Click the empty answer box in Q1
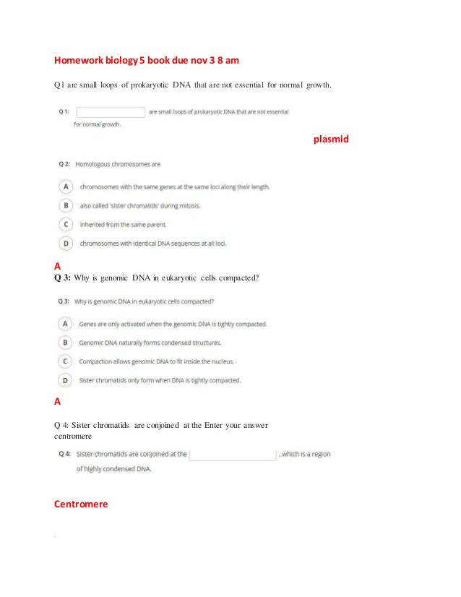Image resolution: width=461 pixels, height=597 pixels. click(111, 112)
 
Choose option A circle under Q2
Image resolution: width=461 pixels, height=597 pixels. click(66, 186)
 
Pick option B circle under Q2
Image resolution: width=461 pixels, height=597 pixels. click(66, 205)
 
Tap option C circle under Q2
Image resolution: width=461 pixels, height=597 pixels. click(66, 224)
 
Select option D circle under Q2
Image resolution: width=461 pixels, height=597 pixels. click(66, 243)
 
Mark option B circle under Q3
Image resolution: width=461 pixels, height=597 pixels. click(66, 342)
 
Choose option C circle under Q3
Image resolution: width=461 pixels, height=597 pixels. click(66, 361)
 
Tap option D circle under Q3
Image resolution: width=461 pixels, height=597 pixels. click(66, 379)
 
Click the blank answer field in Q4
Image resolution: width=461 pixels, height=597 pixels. click(233, 455)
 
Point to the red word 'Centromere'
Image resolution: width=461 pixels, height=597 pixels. click(81, 504)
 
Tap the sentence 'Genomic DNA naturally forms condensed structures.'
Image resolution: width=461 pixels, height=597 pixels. click(150, 343)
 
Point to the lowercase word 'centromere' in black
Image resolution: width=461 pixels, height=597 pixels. click(75, 437)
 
